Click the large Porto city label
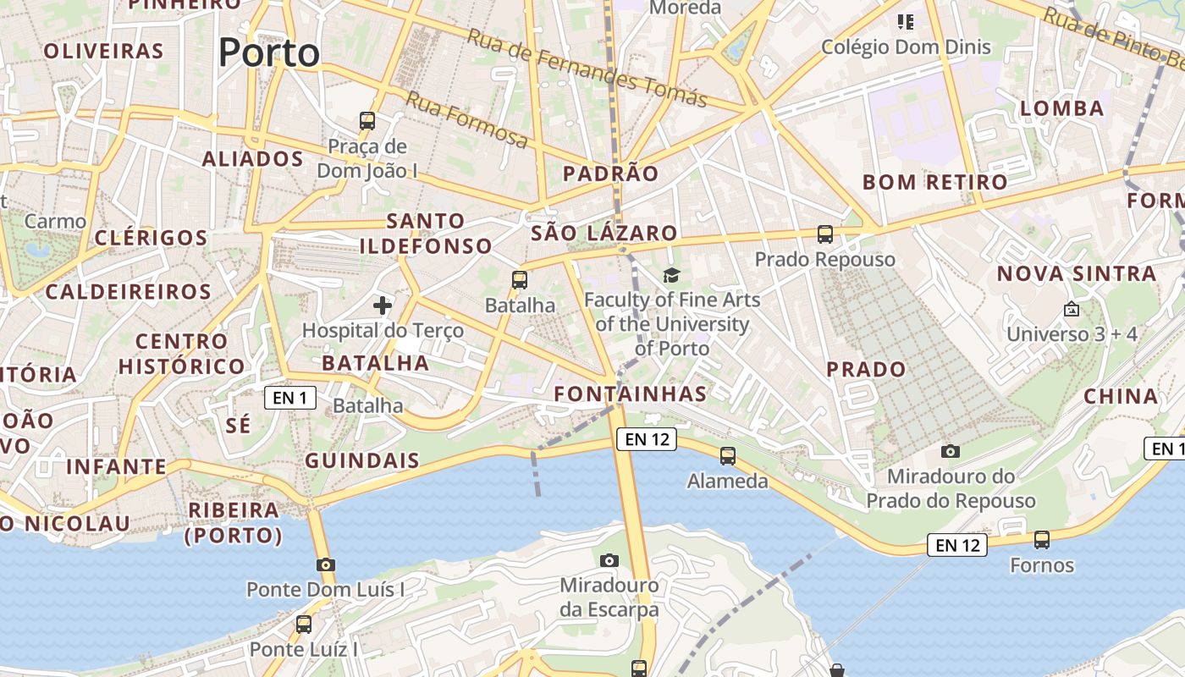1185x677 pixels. tap(269, 52)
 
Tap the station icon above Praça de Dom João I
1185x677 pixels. tap(367, 121)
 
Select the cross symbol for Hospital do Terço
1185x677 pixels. tap(383, 305)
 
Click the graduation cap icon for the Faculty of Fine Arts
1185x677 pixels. tap(671, 275)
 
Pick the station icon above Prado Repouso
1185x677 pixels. tap(825, 234)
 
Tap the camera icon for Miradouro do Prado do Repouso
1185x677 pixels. tap(951, 452)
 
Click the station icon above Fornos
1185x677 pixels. tap(1042, 540)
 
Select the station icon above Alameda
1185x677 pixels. tap(728, 456)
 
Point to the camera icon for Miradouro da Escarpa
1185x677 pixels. tap(609, 560)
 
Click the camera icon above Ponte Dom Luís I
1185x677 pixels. tap(326, 564)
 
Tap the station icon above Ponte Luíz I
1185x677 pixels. tap(304, 625)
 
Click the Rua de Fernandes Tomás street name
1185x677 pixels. tap(587, 69)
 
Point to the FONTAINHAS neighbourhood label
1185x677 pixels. tap(630, 394)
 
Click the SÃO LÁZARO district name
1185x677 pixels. tap(604, 234)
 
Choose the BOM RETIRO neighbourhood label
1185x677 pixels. tap(934, 182)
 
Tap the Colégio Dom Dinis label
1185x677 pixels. tap(906, 47)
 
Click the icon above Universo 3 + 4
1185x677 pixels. tap(1072, 310)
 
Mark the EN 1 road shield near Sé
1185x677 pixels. tap(290, 398)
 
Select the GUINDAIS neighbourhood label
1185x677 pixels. tap(362, 460)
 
